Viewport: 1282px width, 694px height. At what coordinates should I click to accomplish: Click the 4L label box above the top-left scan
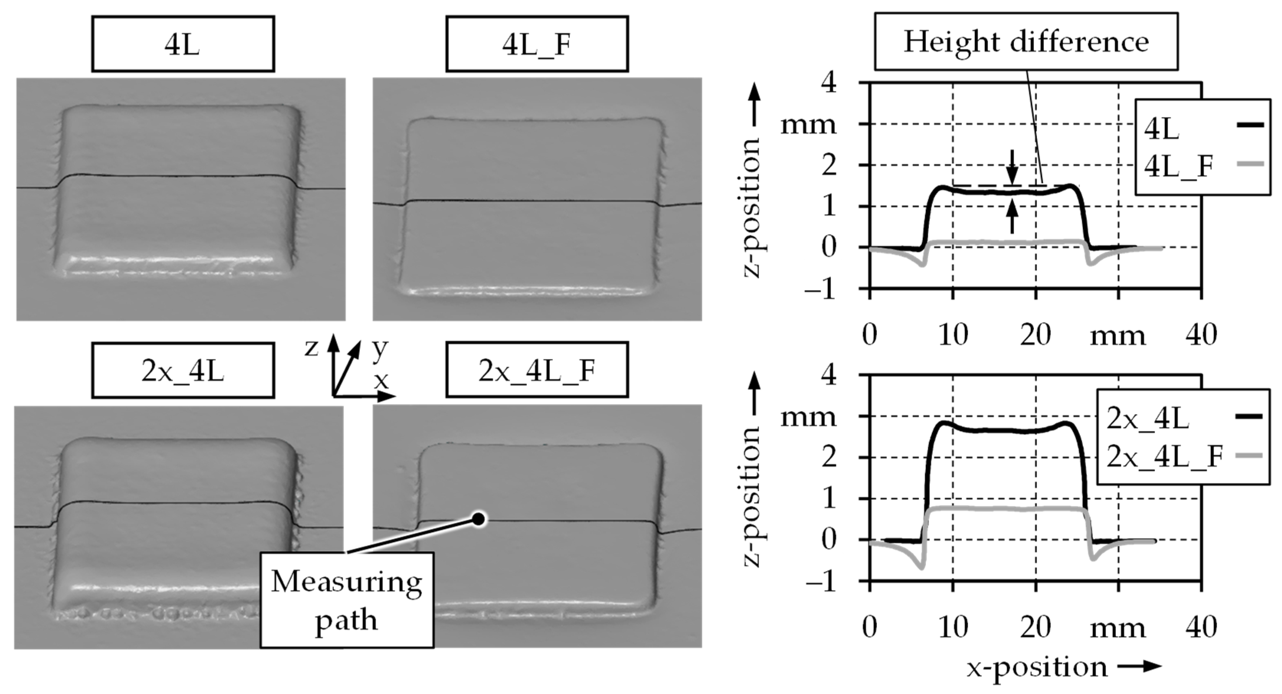[183, 44]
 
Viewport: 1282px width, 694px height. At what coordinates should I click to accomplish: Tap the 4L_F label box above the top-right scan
[536, 44]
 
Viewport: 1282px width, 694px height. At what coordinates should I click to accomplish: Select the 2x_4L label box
[183, 370]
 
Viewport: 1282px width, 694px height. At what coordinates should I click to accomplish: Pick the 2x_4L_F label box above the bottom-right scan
[536, 370]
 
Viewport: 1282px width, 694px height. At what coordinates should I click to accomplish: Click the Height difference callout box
[1026, 41]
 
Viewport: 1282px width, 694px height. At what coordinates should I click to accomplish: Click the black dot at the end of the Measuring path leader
[478, 519]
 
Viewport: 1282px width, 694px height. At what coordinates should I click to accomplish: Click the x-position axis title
[1038, 668]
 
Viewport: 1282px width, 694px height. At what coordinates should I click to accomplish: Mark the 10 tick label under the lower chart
[953, 627]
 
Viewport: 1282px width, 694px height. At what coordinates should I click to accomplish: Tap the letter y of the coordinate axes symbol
[380, 348]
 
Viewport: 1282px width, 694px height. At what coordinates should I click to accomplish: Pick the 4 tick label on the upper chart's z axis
[829, 83]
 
